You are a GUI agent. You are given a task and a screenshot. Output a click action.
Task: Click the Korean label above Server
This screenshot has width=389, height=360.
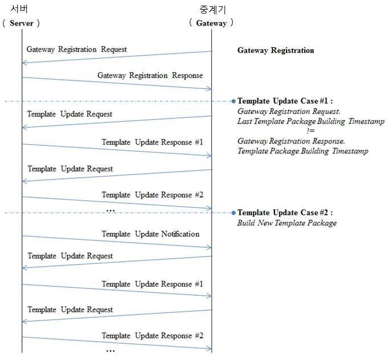19,9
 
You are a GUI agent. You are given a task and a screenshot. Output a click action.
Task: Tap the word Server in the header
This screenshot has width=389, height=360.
21,23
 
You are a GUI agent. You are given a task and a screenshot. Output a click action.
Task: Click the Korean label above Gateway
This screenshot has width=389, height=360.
212,10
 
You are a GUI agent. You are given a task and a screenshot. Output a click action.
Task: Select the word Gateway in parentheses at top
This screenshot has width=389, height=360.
211,23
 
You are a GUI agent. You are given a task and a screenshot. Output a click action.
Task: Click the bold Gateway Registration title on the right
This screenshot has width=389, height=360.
276,50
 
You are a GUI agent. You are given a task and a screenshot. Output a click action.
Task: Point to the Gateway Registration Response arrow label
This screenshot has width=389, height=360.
150,75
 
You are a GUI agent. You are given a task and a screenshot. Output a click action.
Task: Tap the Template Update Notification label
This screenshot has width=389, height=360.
150,234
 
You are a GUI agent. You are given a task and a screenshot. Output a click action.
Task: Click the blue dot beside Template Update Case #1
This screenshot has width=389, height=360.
233,101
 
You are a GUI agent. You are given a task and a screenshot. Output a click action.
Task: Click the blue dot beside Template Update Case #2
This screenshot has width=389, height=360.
233,213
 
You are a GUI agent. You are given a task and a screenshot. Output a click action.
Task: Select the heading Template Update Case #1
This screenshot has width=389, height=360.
285,101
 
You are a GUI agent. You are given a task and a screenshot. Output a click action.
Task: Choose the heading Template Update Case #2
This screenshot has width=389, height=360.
285,212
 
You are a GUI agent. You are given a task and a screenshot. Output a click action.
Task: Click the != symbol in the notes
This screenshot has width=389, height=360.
310,131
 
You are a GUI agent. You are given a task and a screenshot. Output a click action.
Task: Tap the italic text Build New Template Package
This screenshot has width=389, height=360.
287,223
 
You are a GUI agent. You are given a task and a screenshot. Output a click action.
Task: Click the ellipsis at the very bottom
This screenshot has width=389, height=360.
110,351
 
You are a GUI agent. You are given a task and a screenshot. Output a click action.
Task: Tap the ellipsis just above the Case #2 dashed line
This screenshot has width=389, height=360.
110,211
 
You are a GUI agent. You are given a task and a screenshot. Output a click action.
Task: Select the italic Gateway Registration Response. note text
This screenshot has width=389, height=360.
291,141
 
